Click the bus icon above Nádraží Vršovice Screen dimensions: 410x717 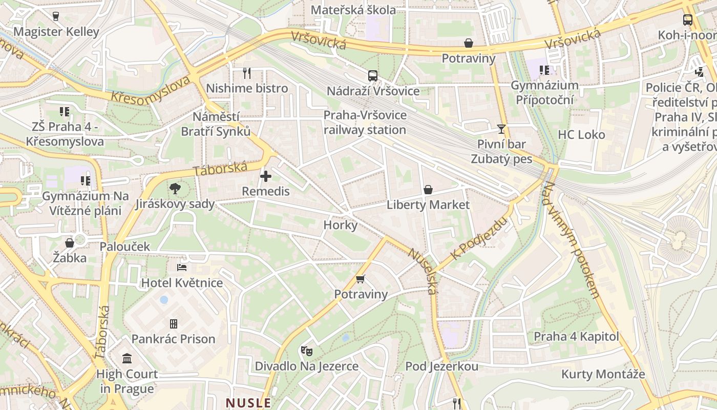[373, 75]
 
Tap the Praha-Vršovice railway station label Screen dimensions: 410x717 [365, 122]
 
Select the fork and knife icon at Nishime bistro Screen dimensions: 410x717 [247, 73]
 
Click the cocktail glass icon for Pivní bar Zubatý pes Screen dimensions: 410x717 [501, 129]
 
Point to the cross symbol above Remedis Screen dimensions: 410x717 [266, 176]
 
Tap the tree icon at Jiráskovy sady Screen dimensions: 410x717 [175, 189]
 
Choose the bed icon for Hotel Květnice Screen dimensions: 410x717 [182, 267]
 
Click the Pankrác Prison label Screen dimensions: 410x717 [173, 339]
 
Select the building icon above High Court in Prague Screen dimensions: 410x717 [127, 358]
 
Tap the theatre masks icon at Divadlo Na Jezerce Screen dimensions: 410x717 [307, 351]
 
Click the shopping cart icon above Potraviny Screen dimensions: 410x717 [361, 279]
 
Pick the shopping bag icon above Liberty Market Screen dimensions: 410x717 [428, 190]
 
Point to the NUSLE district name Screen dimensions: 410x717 [248, 403]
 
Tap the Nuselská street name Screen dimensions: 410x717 [423, 271]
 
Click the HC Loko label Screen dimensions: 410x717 [581, 135]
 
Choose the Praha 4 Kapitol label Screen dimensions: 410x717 [576, 337]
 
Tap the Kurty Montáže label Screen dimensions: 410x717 [603, 374]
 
